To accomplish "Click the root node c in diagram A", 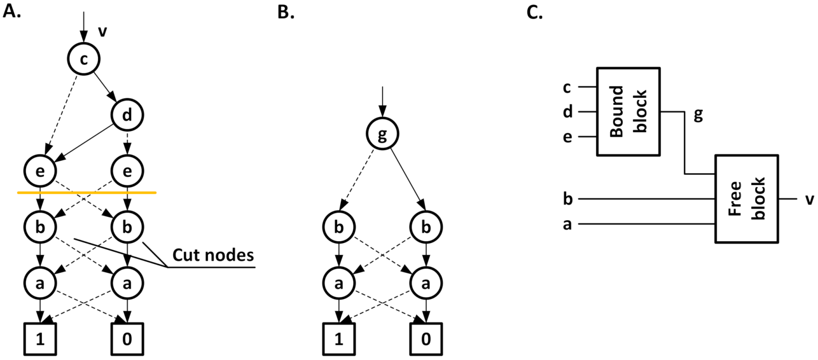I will [83, 59].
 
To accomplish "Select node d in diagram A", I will [127, 115].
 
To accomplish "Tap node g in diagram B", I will [382, 134].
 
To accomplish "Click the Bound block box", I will [628, 111].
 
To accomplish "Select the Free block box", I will [746, 199].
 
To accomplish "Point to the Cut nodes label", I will [213, 255].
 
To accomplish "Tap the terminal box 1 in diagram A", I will [40, 339].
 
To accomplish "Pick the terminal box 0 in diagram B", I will [426, 339].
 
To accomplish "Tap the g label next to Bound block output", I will [698, 114].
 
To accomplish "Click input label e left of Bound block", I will [567, 137].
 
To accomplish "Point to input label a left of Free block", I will [567, 225].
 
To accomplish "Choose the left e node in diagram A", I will [40, 171].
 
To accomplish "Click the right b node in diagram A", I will [127, 227].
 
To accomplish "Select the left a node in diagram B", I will [339, 283].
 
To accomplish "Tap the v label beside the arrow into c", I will [102, 31].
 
